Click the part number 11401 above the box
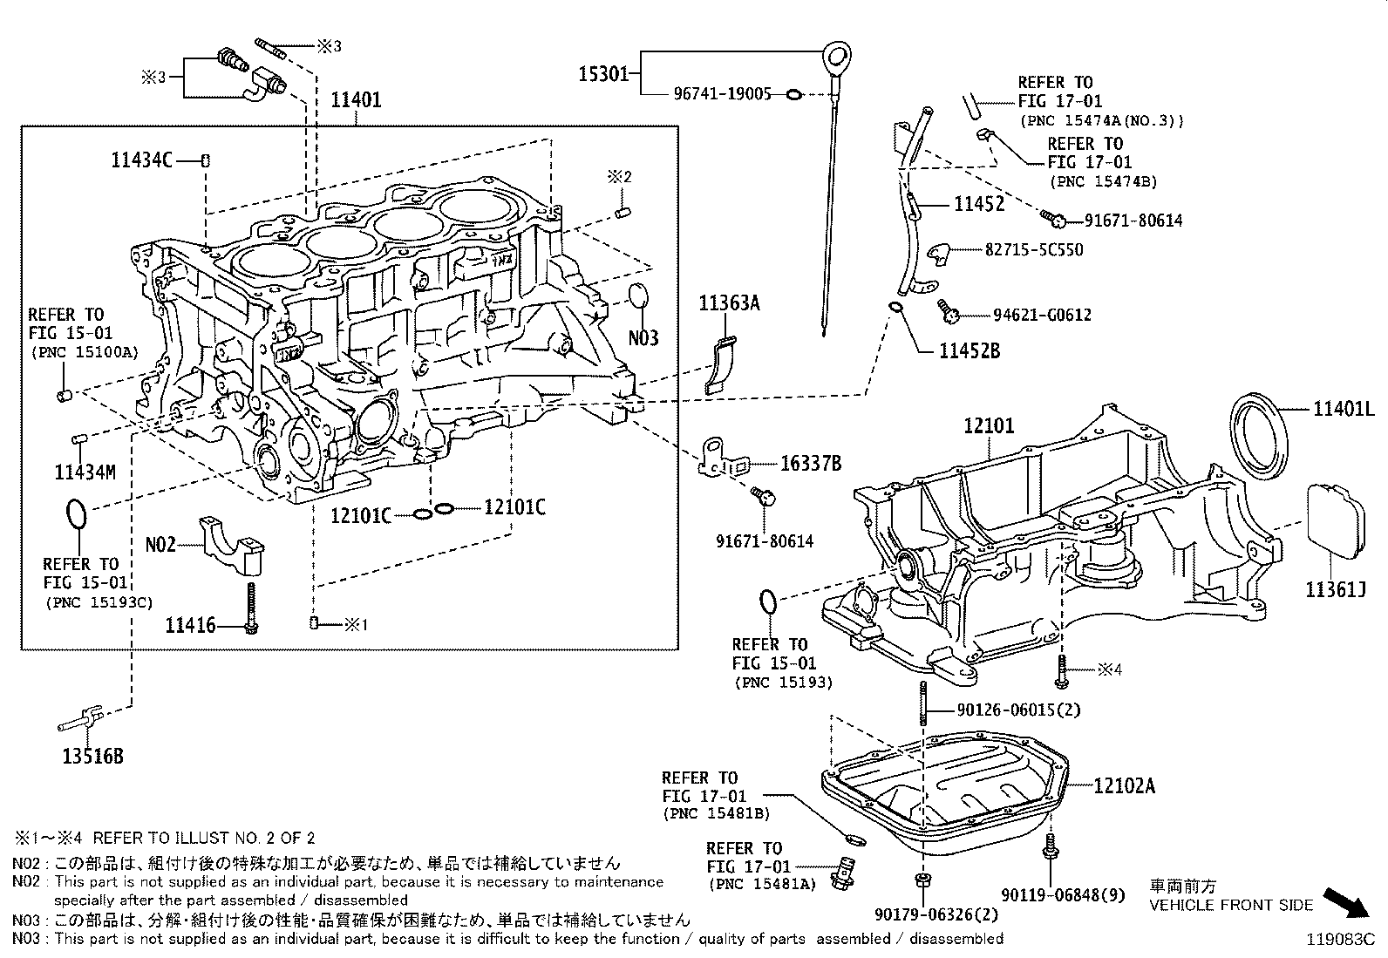[356, 99]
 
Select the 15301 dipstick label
[603, 74]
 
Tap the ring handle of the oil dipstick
[838, 58]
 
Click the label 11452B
[969, 351]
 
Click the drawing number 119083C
[1340, 940]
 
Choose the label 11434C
[141, 160]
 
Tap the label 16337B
[810, 464]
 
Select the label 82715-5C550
[1034, 250]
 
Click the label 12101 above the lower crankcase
[989, 426]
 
